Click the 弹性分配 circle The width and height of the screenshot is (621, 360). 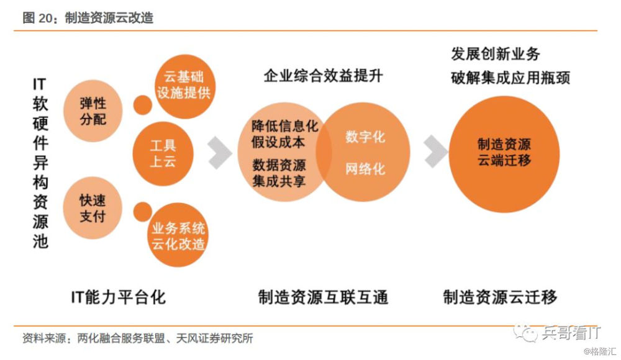[93, 111]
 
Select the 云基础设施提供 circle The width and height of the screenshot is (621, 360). [184, 86]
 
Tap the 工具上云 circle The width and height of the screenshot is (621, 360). [163, 154]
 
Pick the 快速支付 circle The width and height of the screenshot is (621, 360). [93, 208]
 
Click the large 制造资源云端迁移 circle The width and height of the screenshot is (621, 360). [504, 154]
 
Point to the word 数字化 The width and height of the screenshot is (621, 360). [365, 137]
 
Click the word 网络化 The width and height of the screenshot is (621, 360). [365, 169]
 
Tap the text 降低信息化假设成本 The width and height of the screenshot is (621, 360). [284, 134]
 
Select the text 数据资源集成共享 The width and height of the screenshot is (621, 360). [279, 173]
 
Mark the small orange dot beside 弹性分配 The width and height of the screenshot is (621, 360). [143, 105]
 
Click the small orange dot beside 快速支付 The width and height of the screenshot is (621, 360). [143, 212]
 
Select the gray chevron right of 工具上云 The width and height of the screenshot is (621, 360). [220, 153]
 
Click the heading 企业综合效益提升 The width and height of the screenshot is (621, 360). [323, 75]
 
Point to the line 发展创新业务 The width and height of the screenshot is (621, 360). [496, 54]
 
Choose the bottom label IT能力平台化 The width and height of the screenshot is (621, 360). [118, 297]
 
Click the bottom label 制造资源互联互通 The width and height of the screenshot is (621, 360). [323, 297]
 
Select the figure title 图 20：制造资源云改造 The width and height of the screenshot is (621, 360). [88, 18]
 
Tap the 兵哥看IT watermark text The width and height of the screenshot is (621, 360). [571, 333]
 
